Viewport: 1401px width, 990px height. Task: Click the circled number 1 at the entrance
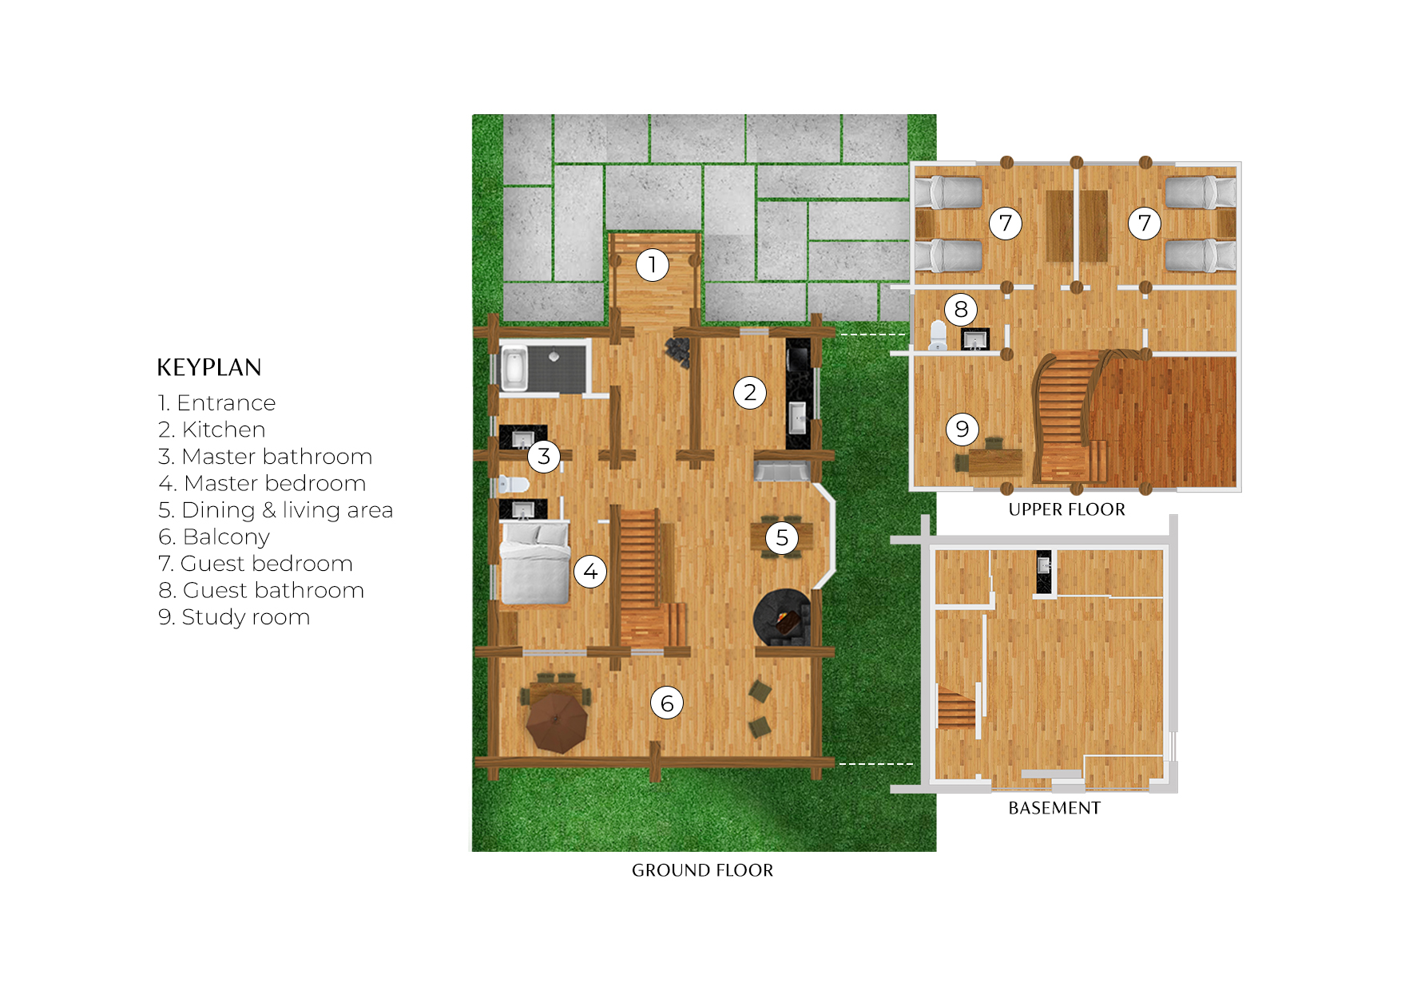click(x=653, y=264)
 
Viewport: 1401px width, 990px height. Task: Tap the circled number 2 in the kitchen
click(x=750, y=393)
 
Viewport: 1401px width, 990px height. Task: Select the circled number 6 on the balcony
click(x=667, y=703)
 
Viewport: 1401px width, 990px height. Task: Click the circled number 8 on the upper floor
click(x=961, y=309)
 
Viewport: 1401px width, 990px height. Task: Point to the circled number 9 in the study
click(x=962, y=430)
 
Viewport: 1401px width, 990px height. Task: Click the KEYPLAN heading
click(x=209, y=367)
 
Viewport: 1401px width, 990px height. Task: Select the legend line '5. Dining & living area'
click(x=276, y=510)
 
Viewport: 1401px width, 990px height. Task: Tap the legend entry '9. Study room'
click(x=234, y=617)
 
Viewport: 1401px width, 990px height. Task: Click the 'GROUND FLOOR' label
click(x=702, y=870)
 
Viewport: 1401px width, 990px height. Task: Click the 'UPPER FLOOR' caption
click(x=1066, y=509)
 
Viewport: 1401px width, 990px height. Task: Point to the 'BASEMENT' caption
click(x=1054, y=808)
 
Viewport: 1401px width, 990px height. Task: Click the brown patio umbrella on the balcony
click(x=557, y=723)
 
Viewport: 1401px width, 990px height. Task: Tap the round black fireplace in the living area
click(x=782, y=618)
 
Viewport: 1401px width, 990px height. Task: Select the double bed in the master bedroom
click(x=535, y=563)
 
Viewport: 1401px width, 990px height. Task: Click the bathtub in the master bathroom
click(x=514, y=368)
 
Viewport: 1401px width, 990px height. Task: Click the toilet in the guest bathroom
click(x=939, y=335)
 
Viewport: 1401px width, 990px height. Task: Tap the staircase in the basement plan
click(x=956, y=709)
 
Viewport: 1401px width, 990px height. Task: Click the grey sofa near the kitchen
click(x=782, y=471)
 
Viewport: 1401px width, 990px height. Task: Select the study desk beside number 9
click(x=994, y=461)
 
